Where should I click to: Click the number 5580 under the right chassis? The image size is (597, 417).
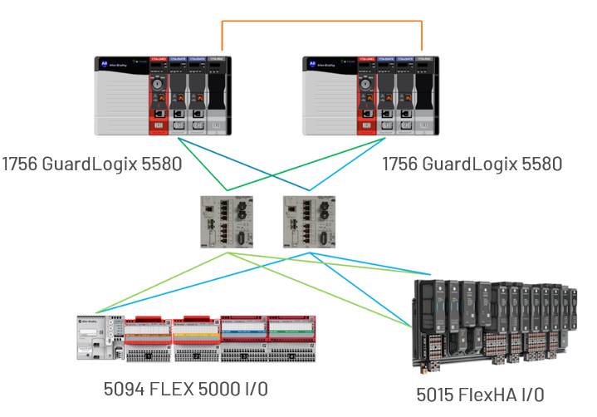point(541,164)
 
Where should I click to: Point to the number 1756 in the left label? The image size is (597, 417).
point(19,164)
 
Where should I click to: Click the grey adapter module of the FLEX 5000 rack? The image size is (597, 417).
point(93,336)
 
